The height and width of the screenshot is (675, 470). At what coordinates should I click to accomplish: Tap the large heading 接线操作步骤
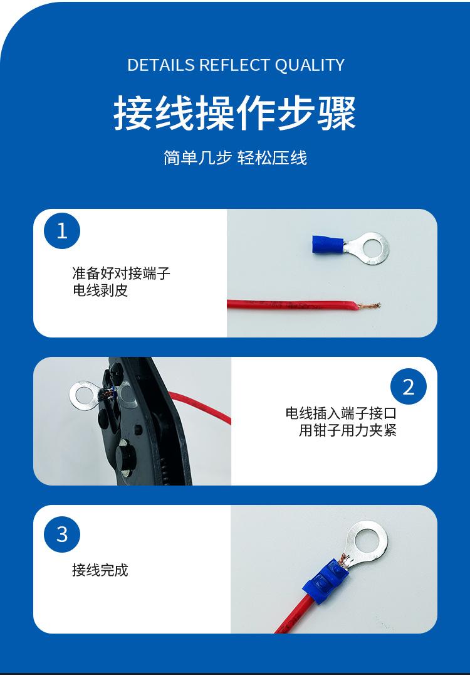point(235,114)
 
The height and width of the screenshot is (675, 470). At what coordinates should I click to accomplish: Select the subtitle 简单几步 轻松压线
point(235,157)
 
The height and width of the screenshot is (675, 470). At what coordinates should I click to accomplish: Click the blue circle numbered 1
point(62,231)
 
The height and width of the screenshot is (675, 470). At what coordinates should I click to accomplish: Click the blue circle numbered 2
point(408,386)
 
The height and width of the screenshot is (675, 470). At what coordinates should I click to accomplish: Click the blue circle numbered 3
point(62,534)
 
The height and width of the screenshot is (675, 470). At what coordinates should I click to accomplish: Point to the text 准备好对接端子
point(121,274)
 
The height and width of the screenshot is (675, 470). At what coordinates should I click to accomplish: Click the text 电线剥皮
point(100,290)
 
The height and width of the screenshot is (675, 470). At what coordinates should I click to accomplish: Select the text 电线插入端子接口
point(341,413)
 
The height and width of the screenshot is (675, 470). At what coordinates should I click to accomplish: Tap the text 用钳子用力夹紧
point(348,430)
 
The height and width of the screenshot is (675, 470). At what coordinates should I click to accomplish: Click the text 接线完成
point(100,570)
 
